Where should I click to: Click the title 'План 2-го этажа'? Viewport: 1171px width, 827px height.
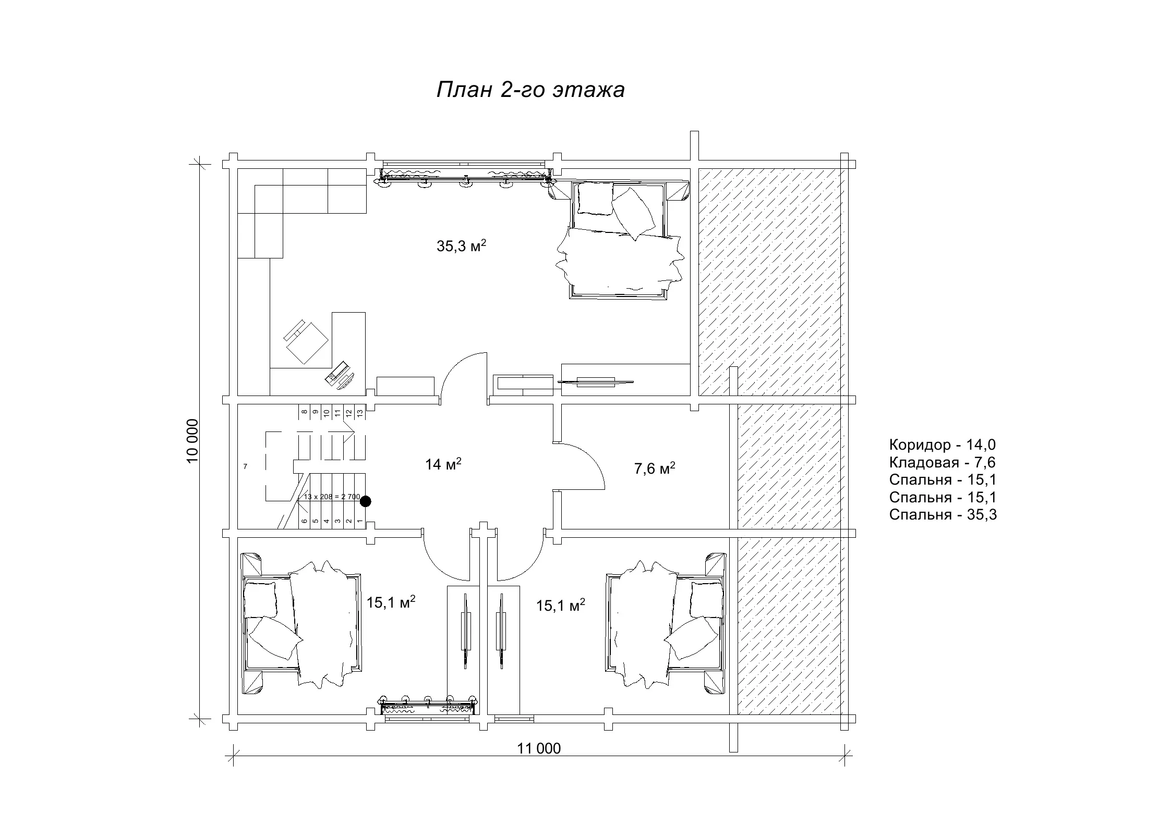click(x=530, y=90)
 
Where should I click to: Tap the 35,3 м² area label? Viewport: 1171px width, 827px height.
click(x=462, y=246)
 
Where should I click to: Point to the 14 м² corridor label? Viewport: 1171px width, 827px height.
click(x=443, y=464)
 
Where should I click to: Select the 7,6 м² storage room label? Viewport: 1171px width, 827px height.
click(x=655, y=468)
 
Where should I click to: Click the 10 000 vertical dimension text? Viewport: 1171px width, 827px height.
click(x=192, y=440)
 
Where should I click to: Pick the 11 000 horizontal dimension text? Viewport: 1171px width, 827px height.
click(x=539, y=748)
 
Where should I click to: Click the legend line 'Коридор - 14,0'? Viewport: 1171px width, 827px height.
click(x=942, y=445)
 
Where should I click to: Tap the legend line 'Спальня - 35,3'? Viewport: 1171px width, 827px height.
click(x=943, y=515)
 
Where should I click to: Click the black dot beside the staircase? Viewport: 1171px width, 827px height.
click(x=366, y=501)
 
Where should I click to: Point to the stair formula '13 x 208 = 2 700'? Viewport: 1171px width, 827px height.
click(x=332, y=497)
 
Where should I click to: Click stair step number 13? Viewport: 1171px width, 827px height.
click(x=360, y=412)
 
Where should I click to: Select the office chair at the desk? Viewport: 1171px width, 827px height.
click(x=306, y=341)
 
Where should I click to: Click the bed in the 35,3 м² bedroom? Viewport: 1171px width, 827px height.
click(x=621, y=240)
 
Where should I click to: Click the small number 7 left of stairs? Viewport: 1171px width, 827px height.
click(x=245, y=466)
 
